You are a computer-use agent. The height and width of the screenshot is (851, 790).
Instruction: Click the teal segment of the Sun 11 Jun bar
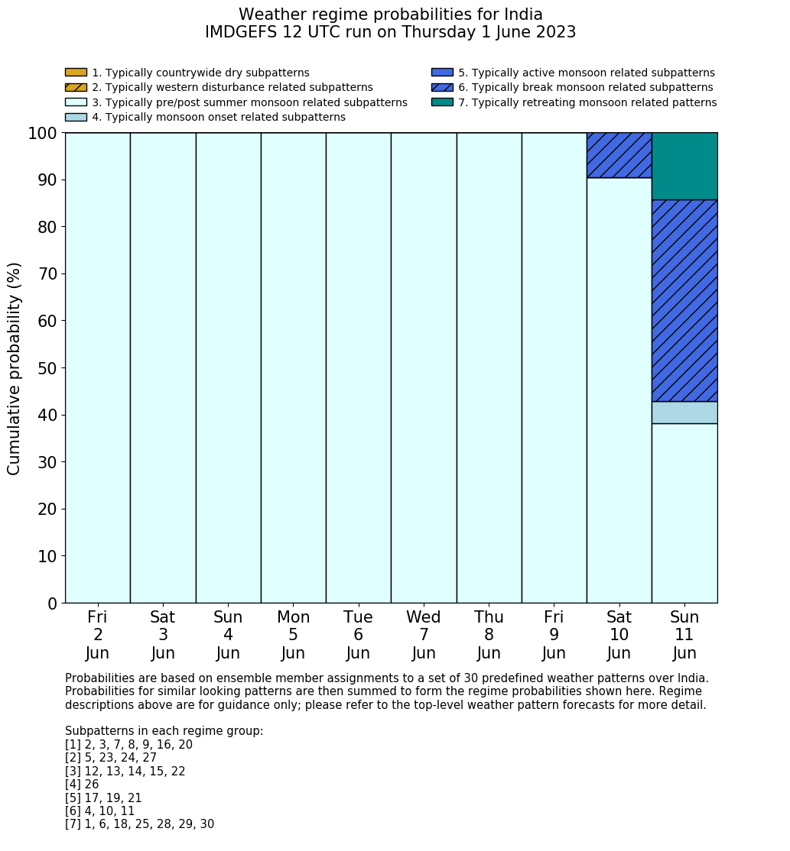point(684,166)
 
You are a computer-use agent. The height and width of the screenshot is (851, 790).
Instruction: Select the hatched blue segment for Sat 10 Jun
point(619,155)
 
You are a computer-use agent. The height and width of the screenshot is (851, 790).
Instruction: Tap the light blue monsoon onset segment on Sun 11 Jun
point(684,413)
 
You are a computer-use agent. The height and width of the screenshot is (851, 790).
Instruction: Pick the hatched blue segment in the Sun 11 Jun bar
point(684,300)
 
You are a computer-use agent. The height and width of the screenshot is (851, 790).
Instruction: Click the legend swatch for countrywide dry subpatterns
point(76,73)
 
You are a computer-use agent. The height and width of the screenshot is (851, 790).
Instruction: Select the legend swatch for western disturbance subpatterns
point(76,87)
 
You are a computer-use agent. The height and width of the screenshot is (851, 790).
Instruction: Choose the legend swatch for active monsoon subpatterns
point(442,73)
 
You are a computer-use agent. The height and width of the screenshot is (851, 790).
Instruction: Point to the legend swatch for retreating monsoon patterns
point(442,102)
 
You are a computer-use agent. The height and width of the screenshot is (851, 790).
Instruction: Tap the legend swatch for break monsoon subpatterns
point(442,87)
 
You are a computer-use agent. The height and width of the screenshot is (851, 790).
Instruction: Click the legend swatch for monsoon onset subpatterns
point(76,117)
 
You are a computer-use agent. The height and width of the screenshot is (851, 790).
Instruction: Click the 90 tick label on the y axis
point(47,180)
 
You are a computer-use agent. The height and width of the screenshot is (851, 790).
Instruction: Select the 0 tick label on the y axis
point(52,603)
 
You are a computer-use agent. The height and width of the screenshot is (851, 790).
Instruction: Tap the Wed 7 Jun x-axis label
point(424,635)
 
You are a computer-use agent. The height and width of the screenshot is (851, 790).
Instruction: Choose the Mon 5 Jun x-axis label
point(293,635)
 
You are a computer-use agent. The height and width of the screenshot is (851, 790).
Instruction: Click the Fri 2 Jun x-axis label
point(97,635)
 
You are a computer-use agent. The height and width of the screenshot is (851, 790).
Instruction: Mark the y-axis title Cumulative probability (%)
point(15,368)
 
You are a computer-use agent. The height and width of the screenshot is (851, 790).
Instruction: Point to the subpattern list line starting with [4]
point(82,785)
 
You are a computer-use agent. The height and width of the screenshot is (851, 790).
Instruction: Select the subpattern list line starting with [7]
point(139,824)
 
